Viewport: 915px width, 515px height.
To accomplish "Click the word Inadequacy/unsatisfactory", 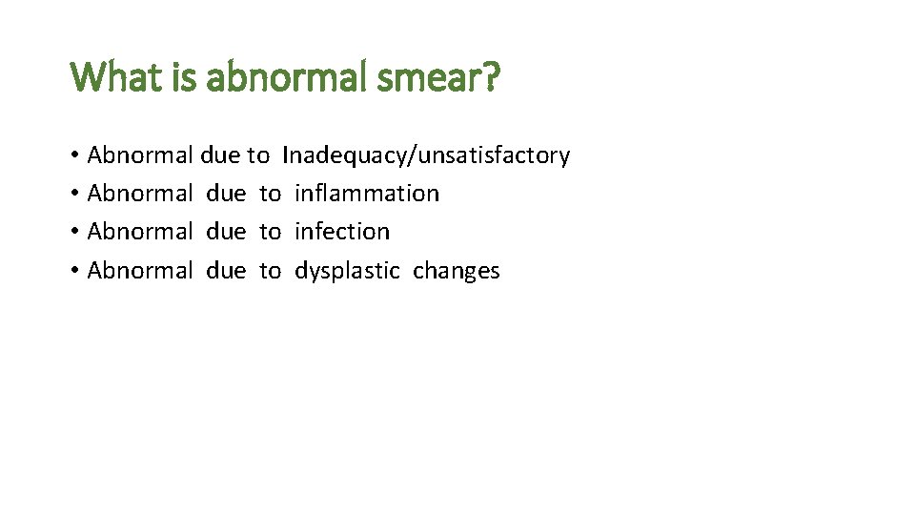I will tap(426, 155).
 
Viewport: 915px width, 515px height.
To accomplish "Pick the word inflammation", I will tap(367, 194).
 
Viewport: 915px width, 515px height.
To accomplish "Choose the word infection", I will tap(342, 232).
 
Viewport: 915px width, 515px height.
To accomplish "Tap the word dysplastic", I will tap(347, 271).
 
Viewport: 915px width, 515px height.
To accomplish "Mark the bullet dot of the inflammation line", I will tap(74, 195).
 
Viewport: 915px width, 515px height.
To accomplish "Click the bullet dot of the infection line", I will tap(74, 233).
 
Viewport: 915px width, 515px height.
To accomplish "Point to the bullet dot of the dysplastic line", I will tap(74, 272).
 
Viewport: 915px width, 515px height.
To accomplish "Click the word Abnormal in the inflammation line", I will tap(140, 194).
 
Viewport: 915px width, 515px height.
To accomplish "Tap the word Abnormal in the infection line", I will tap(140, 232).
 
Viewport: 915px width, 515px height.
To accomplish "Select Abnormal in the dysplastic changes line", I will tap(140, 271).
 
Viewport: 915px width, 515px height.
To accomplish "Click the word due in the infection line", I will tap(226, 232).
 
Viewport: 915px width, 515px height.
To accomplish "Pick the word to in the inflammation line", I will tap(271, 194).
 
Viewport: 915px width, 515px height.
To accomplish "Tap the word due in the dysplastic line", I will tap(226, 271).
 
